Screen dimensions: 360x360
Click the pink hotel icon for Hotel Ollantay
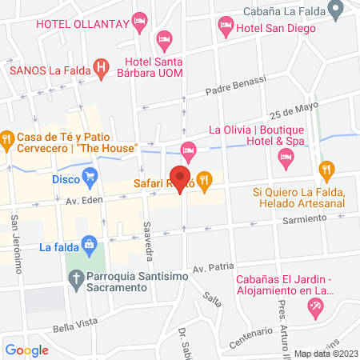tap(141, 22)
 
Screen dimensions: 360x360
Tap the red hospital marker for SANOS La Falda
tap(102, 68)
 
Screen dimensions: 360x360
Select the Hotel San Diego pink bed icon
tap(226, 29)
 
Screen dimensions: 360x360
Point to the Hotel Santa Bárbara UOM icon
tap(165, 38)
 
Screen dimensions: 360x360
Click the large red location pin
tap(182, 178)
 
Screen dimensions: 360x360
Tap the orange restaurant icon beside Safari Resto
tap(206, 181)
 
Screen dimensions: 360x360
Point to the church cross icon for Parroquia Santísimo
tap(75, 280)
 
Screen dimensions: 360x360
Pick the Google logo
tap(26, 350)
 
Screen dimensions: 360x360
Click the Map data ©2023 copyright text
tap(326, 353)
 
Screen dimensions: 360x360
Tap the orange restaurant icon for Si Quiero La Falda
tap(326, 170)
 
